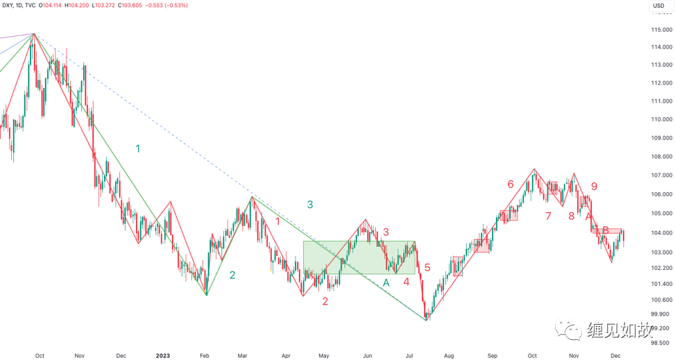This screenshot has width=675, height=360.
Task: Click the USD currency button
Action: (x=658, y=6)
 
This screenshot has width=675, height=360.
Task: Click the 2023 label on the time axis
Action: (x=162, y=355)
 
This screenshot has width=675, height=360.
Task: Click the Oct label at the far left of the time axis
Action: (x=40, y=355)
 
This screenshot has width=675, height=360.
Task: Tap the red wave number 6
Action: (x=511, y=184)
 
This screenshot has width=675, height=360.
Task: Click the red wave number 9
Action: (x=594, y=186)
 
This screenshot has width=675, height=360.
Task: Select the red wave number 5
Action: (x=427, y=267)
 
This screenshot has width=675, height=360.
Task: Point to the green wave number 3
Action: (x=310, y=204)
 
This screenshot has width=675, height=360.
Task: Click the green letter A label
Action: (x=386, y=282)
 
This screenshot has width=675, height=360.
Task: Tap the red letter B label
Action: (x=606, y=230)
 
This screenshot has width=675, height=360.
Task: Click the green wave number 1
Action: (x=138, y=148)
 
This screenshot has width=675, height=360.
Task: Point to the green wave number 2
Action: (x=232, y=275)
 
